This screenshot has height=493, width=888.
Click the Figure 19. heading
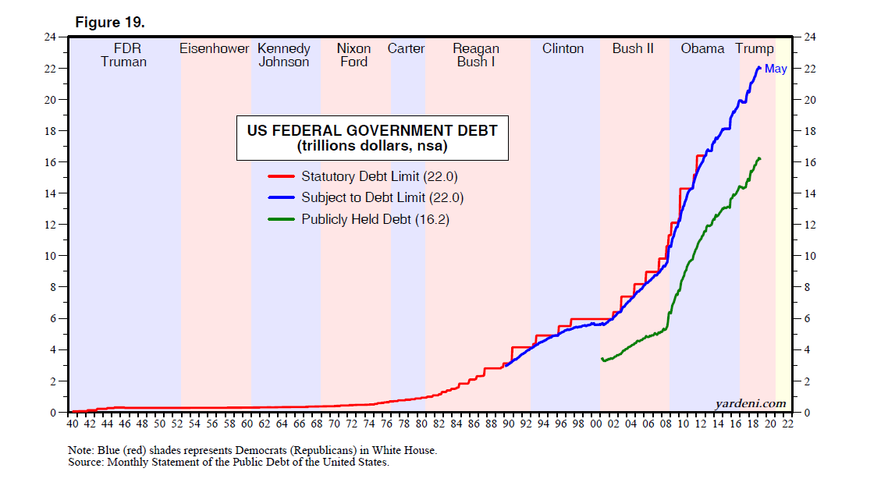pos(110,23)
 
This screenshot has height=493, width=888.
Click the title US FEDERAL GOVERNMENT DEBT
pos(372,130)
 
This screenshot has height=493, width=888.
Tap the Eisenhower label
pos(215,48)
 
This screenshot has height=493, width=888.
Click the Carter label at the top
pos(407,48)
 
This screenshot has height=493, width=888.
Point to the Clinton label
pos(563,48)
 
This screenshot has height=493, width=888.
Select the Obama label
pos(702,48)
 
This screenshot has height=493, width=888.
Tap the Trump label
pos(755,48)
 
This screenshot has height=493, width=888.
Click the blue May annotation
pos(776,69)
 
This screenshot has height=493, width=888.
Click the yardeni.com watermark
pos(750,403)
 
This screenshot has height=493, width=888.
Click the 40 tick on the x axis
pos(73,424)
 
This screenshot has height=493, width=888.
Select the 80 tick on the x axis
pos(421,424)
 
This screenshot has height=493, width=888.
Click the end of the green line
pos(759,158)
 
